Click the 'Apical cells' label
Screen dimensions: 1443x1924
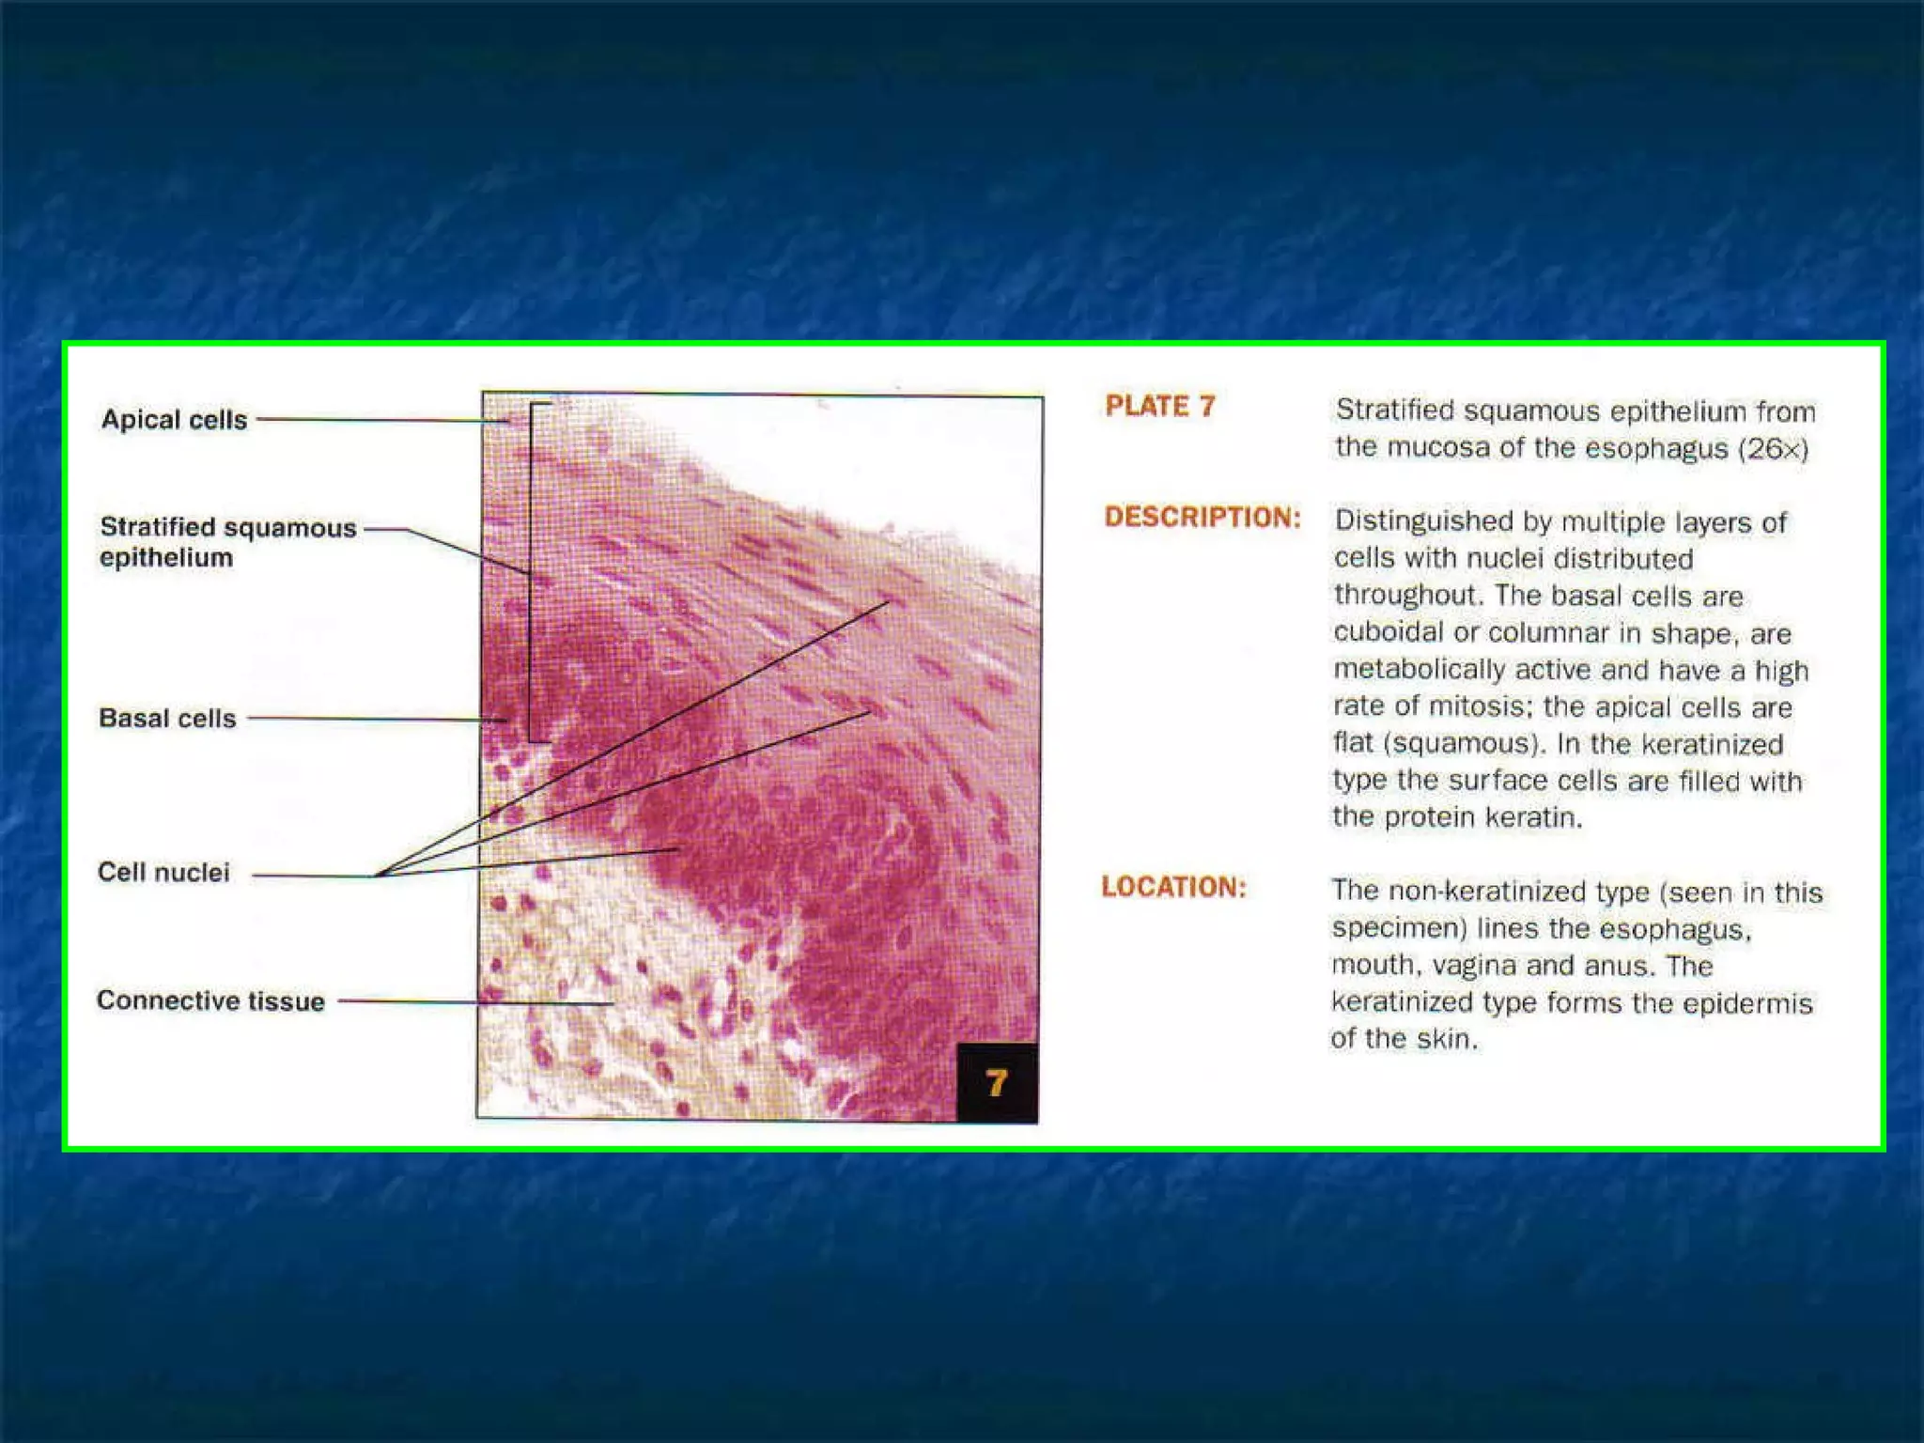174,419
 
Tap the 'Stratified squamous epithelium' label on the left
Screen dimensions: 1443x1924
227,542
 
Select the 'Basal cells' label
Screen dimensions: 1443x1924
167,719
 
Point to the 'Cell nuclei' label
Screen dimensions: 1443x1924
163,873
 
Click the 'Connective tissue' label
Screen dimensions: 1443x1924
210,1001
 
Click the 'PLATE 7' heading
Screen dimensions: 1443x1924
1159,406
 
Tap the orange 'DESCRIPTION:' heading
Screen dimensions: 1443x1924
1202,518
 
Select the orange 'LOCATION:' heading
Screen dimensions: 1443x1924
1173,887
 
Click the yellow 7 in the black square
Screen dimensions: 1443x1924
997,1083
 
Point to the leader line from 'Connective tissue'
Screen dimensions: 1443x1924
470,1002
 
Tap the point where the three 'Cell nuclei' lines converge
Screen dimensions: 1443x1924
379,876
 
